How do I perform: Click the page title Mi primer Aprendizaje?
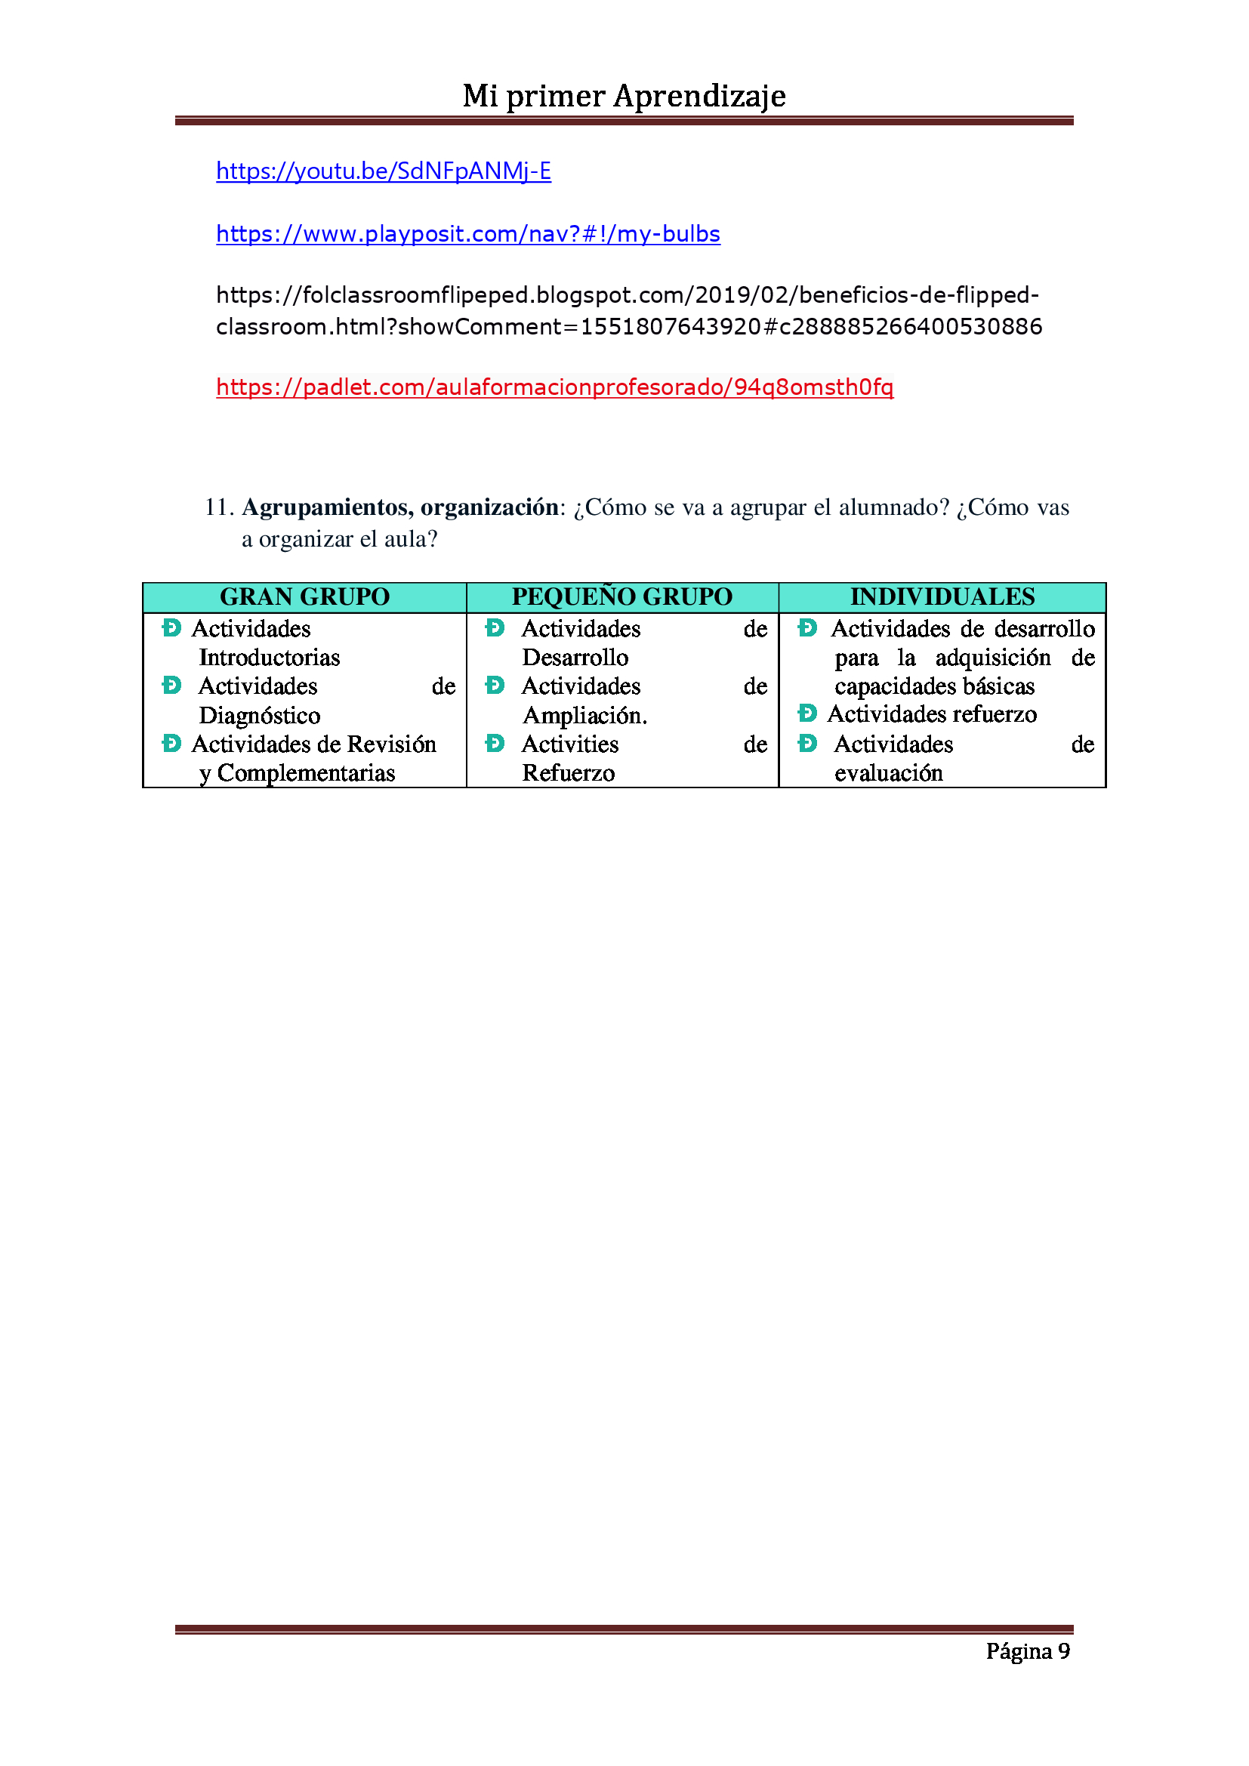click(624, 96)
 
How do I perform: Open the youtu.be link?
click(383, 171)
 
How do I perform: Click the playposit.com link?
click(467, 234)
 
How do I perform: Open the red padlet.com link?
click(554, 387)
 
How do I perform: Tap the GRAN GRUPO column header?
click(304, 597)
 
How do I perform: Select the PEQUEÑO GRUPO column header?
click(621, 597)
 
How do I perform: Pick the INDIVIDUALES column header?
click(942, 597)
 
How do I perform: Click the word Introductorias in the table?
click(269, 658)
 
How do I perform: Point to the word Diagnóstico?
click(259, 716)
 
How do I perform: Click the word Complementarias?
click(306, 773)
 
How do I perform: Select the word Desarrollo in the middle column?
click(575, 658)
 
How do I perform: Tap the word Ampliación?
click(584, 716)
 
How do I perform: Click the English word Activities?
click(570, 744)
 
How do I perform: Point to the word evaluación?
click(888, 773)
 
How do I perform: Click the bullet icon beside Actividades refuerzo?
click(806, 713)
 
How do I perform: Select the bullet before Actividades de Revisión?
click(171, 743)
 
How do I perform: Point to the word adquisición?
click(993, 658)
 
